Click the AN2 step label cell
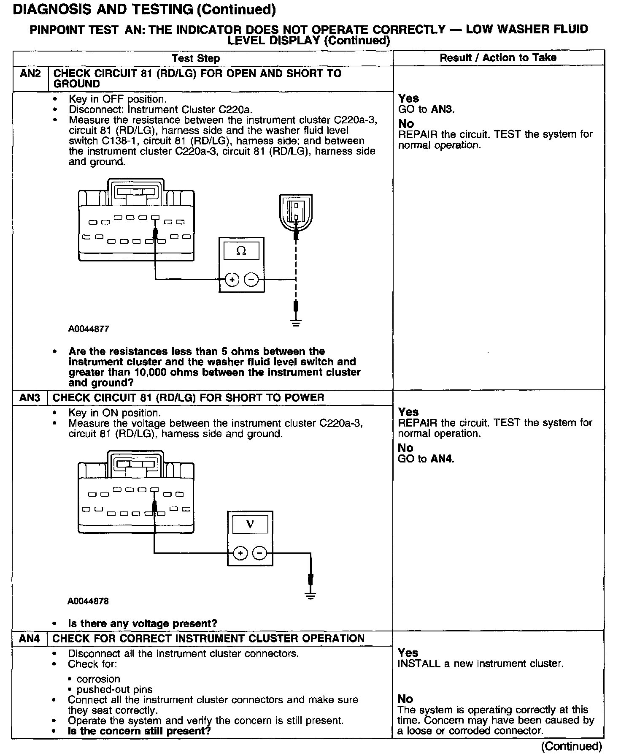point(30,74)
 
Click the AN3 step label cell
point(30,398)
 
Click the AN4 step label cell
point(30,639)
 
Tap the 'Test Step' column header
point(196,58)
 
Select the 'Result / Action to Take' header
point(498,58)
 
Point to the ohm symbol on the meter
point(241,251)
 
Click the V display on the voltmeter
point(250,525)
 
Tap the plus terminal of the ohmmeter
point(232,279)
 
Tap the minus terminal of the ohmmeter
point(251,279)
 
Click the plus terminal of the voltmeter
point(240,553)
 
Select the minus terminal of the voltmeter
point(260,553)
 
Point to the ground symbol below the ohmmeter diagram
point(297,323)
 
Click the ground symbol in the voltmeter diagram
point(310,596)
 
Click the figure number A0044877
point(89,329)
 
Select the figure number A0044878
point(88,601)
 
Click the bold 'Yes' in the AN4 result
point(408,653)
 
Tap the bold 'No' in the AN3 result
point(405,448)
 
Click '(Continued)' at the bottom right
point(572,747)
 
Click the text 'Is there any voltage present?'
point(143,624)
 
